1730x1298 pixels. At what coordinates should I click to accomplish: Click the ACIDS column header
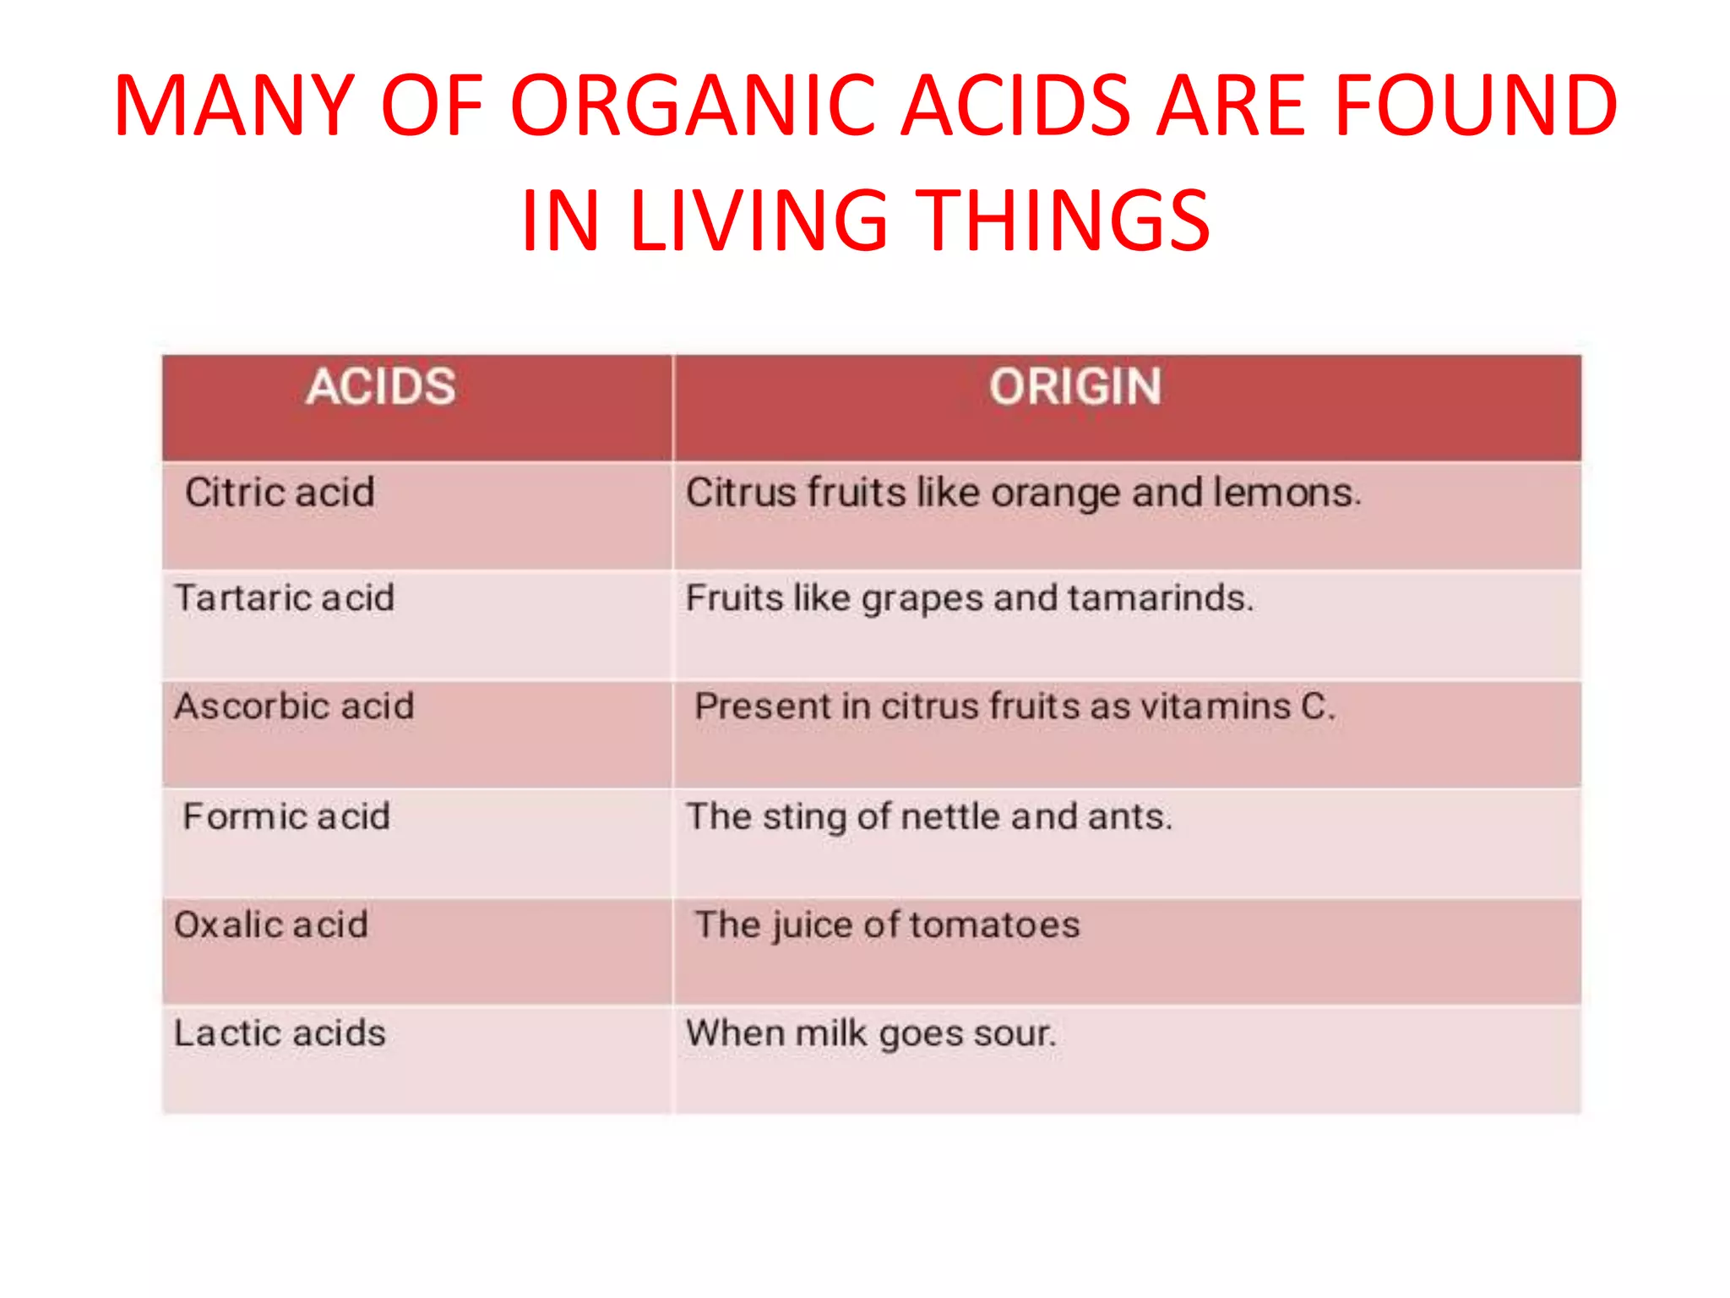coord(381,388)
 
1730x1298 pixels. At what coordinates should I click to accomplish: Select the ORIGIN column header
coord(1075,388)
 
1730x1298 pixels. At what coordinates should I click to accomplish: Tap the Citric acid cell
coord(280,493)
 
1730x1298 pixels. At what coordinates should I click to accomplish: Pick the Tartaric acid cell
coord(285,598)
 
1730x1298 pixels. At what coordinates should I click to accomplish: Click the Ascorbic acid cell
coord(294,706)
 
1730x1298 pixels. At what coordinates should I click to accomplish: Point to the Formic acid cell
coord(286,816)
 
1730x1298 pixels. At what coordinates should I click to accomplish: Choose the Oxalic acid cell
coord(271,924)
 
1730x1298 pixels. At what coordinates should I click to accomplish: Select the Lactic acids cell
coord(280,1033)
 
